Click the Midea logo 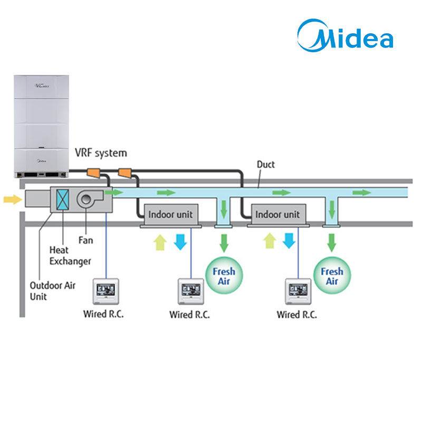pyautogui.click(x=345, y=35)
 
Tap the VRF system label pyautogui.click(x=101, y=153)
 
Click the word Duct pyautogui.click(x=266, y=164)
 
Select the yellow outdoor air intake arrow pyautogui.click(x=13, y=199)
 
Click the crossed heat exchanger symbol pyautogui.click(x=62, y=199)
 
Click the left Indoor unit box pyautogui.click(x=171, y=215)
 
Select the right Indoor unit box pyautogui.click(x=279, y=215)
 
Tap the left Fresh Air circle pyautogui.click(x=224, y=275)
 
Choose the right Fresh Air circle pyautogui.click(x=332, y=275)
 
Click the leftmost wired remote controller pyautogui.click(x=106, y=291)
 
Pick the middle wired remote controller pyautogui.click(x=191, y=291)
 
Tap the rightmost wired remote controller pyautogui.click(x=298, y=291)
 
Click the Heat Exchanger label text pyautogui.click(x=70, y=256)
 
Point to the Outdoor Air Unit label pyautogui.click(x=52, y=291)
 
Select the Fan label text pyautogui.click(x=85, y=240)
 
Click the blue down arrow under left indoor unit pyautogui.click(x=180, y=242)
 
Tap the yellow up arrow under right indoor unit pyautogui.click(x=270, y=241)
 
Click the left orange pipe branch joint pyautogui.click(x=94, y=173)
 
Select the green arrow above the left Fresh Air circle pyautogui.click(x=224, y=243)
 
